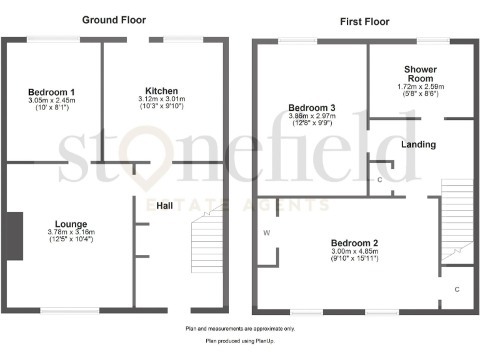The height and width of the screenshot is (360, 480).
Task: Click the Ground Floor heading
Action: click(114, 20)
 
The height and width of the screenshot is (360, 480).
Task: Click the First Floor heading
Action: click(364, 22)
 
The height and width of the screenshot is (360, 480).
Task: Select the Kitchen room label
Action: click(162, 91)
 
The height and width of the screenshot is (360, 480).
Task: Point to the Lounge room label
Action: click(71, 224)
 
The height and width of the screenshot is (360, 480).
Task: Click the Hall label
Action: click(165, 206)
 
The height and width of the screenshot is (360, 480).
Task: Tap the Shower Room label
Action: click(420, 74)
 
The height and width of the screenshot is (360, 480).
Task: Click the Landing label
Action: click(418, 144)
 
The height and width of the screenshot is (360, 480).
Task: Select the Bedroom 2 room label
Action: click(354, 243)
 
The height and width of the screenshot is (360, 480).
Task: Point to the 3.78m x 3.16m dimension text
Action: click(71, 232)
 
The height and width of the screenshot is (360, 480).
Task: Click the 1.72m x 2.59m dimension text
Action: click(420, 86)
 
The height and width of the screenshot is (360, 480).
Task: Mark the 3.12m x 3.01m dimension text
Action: click(162, 99)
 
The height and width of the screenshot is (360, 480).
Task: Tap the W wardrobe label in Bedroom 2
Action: click(266, 233)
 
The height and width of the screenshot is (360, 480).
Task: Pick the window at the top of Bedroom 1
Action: click(53, 39)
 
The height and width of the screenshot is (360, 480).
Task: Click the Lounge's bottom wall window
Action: click(69, 310)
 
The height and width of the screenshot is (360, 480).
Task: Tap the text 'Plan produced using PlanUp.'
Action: click(240, 341)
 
